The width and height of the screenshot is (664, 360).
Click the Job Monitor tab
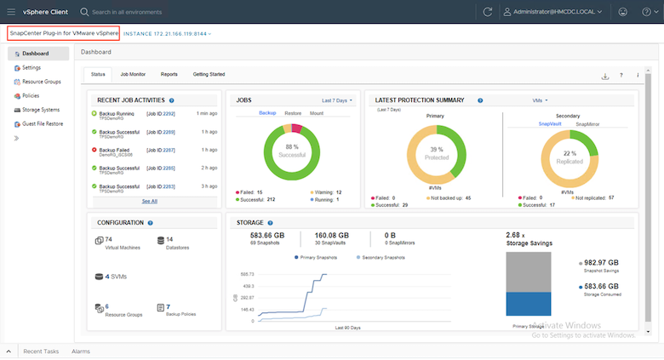pyautogui.click(x=133, y=75)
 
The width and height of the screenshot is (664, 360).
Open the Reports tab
pyautogui.click(x=169, y=75)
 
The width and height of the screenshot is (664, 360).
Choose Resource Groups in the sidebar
pyautogui.click(x=40, y=82)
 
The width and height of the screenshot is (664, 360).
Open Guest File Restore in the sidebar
pyautogui.click(x=43, y=123)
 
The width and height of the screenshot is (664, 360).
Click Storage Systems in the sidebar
pyautogui.click(x=40, y=110)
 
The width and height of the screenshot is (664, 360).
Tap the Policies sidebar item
pyautogui.click(x=31, y=95)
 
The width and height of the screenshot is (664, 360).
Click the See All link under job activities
pyautogui.click(x=149, y=201)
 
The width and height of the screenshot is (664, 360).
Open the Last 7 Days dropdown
pyautogui.click(x=337, y=100)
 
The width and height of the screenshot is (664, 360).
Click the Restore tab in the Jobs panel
pyautogui.click(x=293, y=112)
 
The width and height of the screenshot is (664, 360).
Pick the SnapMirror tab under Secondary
pyautogui.click(x=587, y=123)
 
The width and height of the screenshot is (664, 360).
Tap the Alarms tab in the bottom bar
pyautogui.click(x=81, y=351)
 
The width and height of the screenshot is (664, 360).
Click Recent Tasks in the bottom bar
pyautogui.click(x=41, y=351)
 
